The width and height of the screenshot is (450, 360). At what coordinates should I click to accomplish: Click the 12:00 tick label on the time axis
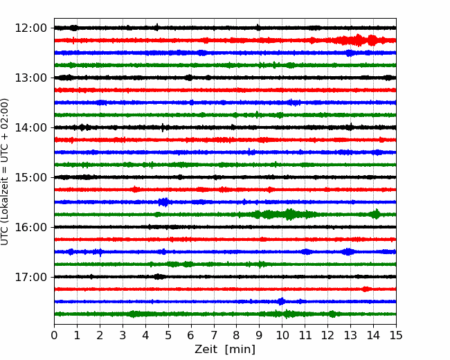point(30,28)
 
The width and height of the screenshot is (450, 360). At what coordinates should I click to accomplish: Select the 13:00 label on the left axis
point(30,78)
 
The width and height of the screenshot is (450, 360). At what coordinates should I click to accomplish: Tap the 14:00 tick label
point(30,128)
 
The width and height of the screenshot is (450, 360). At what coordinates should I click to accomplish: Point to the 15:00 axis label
point(30,177)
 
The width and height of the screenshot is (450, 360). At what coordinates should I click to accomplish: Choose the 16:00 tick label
point(30,227)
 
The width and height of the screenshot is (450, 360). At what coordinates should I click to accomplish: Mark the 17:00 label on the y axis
point(30,278)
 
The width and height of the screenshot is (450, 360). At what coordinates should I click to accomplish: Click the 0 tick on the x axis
point(54,335)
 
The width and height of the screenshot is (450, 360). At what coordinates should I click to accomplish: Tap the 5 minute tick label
point(168,335)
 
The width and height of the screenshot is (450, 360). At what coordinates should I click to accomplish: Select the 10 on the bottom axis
point(282,335)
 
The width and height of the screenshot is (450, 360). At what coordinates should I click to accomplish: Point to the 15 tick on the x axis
point(396,335)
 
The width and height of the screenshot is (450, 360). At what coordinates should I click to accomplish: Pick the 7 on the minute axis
point(214,335)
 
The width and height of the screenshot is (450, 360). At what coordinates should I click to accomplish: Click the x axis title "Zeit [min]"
point(225,350)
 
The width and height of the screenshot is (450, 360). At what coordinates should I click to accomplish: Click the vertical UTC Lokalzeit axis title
point(5,172)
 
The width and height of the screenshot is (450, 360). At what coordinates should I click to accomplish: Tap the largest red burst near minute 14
point(372,40)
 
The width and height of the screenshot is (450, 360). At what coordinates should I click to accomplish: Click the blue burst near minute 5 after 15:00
point(164,202)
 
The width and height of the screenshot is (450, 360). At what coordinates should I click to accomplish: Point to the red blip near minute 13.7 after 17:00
point(366,289)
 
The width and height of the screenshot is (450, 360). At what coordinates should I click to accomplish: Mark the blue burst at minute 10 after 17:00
point(282,301)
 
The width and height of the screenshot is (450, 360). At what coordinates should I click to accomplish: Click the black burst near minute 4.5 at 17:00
point(158,277)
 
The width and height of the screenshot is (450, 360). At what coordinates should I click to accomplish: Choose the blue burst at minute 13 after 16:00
point(348,252)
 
